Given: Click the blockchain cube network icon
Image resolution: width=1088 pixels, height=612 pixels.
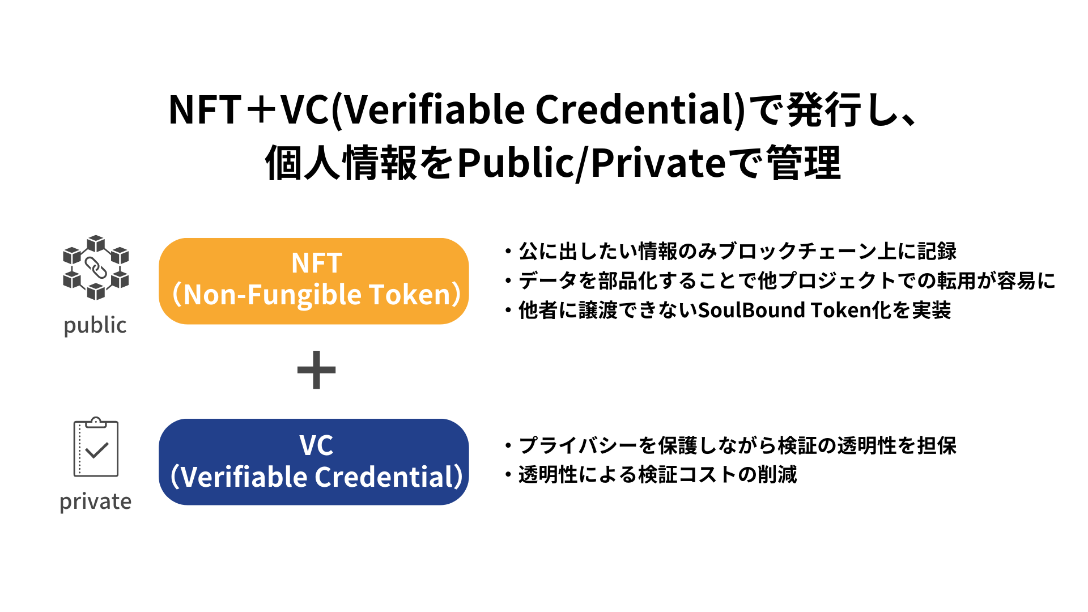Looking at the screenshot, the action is click(96, 267).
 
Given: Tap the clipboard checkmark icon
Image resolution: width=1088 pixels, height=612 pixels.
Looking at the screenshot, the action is click(96, 448).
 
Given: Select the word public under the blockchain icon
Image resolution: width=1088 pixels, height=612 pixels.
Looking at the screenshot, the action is click(95, 326).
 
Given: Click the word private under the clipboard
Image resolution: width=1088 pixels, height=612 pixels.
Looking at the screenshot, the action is click(95, 501).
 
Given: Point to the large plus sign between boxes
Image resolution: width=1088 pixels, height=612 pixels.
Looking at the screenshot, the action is click(316, 370).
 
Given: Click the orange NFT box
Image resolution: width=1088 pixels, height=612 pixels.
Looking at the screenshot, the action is click(313, 281).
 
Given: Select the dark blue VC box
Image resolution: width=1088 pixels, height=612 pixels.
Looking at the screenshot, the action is click(313, 462).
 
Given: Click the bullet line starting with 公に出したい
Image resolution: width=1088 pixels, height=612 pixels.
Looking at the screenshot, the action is click(737, 251).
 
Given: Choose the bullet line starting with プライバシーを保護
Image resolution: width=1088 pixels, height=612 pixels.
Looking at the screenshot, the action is click(737, 445).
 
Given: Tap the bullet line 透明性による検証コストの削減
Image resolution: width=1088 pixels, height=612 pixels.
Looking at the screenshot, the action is click(657, 475).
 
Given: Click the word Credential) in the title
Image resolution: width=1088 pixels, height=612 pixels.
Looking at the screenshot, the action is click(640, 110).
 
